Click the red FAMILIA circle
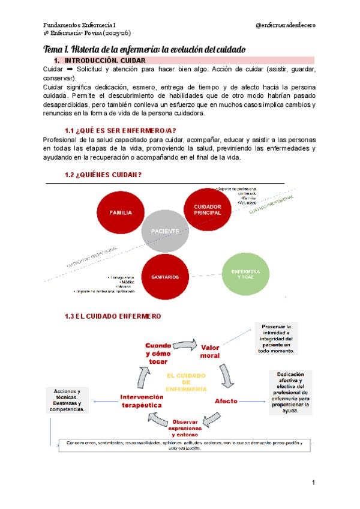121,212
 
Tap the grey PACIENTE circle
164,231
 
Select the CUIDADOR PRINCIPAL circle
208,209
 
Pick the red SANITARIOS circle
165,277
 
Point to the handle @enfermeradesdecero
286,25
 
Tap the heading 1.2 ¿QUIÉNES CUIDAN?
103,175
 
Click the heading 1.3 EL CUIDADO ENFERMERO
113,316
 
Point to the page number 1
313,483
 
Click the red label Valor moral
210,351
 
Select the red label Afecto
226,401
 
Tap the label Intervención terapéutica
141,401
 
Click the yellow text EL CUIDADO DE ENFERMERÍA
187,382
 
